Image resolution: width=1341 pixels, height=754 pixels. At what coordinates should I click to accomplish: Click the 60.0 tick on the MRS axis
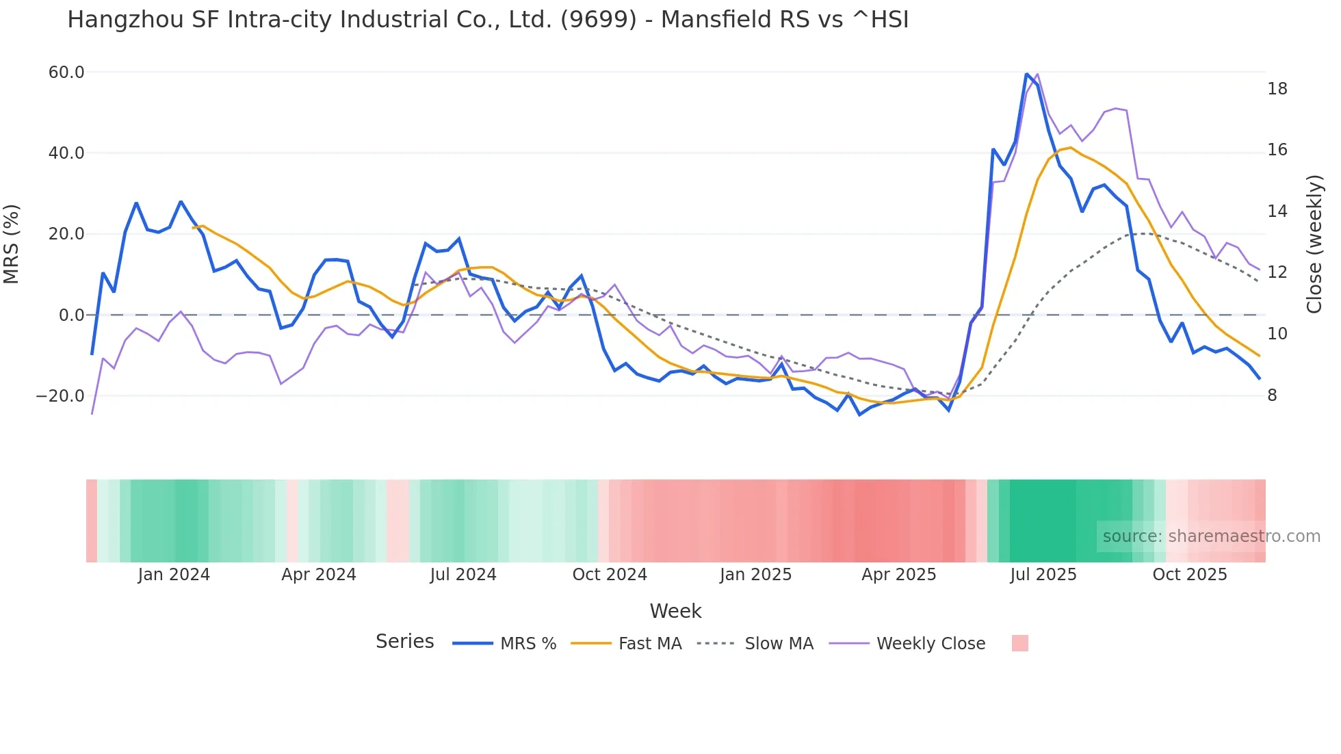coord(66,73)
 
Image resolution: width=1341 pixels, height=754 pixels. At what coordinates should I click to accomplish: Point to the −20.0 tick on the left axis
coord(60,396)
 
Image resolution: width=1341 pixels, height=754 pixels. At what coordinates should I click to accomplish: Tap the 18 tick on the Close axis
coord(1277,89)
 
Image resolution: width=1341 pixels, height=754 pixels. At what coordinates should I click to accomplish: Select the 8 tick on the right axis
coord(1272,395)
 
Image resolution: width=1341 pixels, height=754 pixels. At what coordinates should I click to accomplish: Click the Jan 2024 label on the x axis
coord(174,575)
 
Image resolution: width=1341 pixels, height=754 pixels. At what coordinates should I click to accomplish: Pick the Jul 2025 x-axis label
coord(1043,575)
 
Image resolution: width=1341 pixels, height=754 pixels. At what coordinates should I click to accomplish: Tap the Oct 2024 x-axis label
coord(610,575)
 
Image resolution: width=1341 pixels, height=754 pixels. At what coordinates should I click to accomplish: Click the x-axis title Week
coord(675,611)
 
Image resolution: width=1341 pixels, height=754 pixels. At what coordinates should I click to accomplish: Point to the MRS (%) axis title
coord(12,244)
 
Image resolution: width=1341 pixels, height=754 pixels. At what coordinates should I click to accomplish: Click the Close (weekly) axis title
coord(1314,244)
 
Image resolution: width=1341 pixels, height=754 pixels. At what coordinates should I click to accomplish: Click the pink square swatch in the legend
coord(1019,643)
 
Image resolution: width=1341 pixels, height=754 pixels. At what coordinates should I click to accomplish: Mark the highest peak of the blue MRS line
coord(1026,74)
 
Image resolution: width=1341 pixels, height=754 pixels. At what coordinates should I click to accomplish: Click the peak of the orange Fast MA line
coord(1070,148)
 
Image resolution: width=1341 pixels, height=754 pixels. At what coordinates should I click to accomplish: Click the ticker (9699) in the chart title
coord(599,20)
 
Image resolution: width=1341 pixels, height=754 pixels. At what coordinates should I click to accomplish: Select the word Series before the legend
coord(404,642)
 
